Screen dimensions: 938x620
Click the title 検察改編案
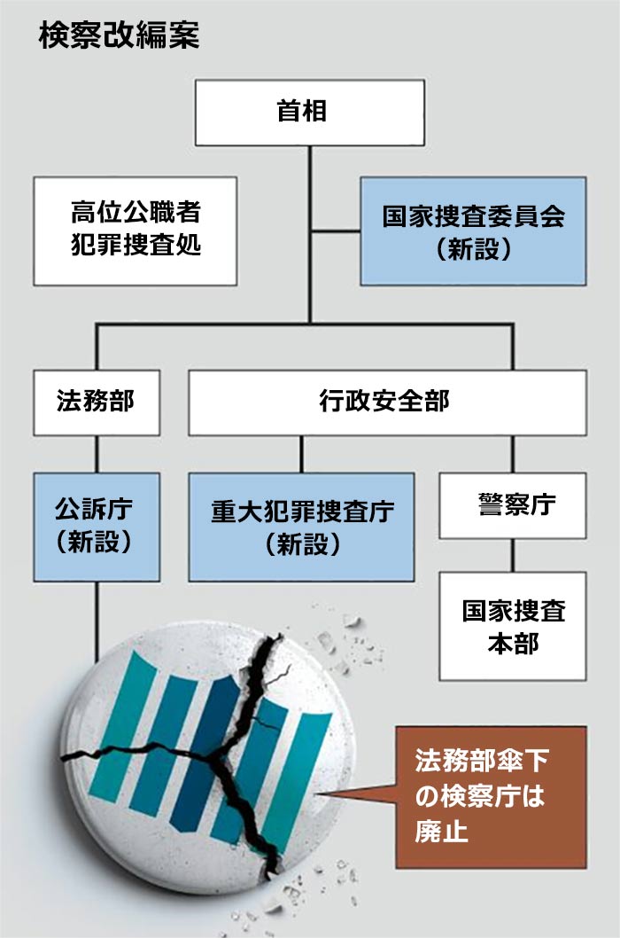pyautogui.click(x=119, y=36)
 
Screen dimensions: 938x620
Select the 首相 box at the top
pyautogui.click(x=309, y=112)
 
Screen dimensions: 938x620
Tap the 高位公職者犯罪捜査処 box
pyautogui.click(x=136, y=231)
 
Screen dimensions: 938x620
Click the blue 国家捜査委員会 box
pyautogui.click(x=473, y=231)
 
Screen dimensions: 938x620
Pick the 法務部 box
pyautogui.click(x=97, y=403)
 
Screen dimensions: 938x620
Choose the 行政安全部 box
pyautogui.click(x=387, y=403)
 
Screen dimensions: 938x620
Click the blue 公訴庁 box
pyautogui.click(x=97, y=527)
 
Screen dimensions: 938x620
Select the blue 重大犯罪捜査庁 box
pyautogui.click(x=301, y=527)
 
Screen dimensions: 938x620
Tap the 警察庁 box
pyautogui.click(x=512, y=505)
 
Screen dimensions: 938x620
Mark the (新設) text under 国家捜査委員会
pyautogui.click(x=473, y=249)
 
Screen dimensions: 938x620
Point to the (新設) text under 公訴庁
pyautogui.click(x=95, y=543)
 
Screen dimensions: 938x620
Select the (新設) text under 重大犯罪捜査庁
pyautogui.click(x=302, y=543)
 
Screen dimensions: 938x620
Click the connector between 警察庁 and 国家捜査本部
pyautogui.click(x=513, y=555)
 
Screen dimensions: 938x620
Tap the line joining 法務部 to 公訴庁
pyautogui.click(x=97, y=454)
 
